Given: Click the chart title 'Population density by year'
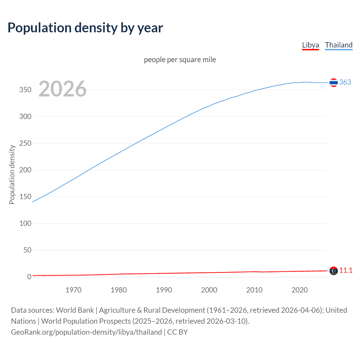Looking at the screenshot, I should [85, 28].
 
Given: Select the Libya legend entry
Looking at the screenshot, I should [310, 45].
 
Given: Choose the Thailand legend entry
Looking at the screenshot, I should [339, 45].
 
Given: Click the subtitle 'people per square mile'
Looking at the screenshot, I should [180, 60].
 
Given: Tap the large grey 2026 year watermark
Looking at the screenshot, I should [62, 89].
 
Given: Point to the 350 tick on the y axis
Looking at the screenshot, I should [25, 90].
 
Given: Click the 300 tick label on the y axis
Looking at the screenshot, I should [25, 116].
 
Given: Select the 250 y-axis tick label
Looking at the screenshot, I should [25, 143].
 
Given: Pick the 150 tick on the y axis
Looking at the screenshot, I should [25, 197].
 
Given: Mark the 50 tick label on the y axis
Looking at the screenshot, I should [27, 250].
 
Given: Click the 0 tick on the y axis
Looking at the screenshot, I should [29, 277].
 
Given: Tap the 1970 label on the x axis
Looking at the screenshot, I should [73, 290].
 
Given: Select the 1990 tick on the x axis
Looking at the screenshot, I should [164, 290].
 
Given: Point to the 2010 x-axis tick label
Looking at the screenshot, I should [254, 290].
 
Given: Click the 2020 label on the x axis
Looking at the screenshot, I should [300, 290].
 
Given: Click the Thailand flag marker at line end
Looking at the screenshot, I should [334, 83].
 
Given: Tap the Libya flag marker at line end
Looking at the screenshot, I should [334, 271].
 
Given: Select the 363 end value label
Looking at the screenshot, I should [345, 82].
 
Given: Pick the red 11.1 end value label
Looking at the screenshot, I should [346, 270].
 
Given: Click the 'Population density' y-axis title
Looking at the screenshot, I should [12, 174].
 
